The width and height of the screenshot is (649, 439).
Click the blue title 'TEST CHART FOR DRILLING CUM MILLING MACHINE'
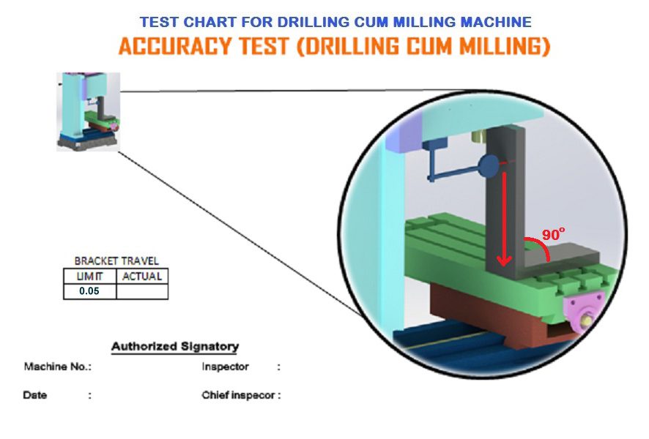[335, 22]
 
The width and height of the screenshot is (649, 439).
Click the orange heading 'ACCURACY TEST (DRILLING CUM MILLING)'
[335, 46]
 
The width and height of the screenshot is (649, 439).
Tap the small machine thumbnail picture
[88, 112]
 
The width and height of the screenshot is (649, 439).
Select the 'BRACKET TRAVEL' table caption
[116, 260]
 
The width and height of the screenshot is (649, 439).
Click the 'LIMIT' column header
[90, 276]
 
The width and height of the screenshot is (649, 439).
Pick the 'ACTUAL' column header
[142, 276]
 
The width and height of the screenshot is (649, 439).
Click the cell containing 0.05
[90, 291]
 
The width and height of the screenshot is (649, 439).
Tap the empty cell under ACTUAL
[142, 291]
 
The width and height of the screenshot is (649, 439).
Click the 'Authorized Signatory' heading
[175, 346]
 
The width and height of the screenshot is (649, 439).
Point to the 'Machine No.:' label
[58, 367]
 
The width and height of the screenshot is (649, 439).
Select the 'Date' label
[35, 395]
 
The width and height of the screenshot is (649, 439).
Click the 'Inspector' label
[225, 367]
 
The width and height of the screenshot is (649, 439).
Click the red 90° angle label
[553, 234]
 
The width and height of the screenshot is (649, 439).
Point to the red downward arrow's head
[504, 260]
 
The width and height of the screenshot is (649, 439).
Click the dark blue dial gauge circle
[489, 166]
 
